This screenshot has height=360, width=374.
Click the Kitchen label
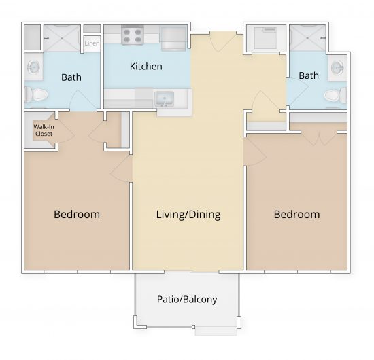point(146,67)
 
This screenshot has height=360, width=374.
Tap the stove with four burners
point(131,36)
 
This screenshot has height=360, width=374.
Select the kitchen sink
point(164,100)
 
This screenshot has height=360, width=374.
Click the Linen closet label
point(92,44)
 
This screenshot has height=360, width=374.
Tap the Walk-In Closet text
point(44,130)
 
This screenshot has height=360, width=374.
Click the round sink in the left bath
point(34,67)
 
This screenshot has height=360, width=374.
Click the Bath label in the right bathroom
point(309,75)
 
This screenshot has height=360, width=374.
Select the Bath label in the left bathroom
point(71,77)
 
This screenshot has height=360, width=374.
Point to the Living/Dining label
point(188,215)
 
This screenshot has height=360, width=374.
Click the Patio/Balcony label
point(187,299)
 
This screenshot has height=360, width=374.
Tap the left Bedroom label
point(77,215)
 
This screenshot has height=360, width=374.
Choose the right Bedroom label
point(296,215)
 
